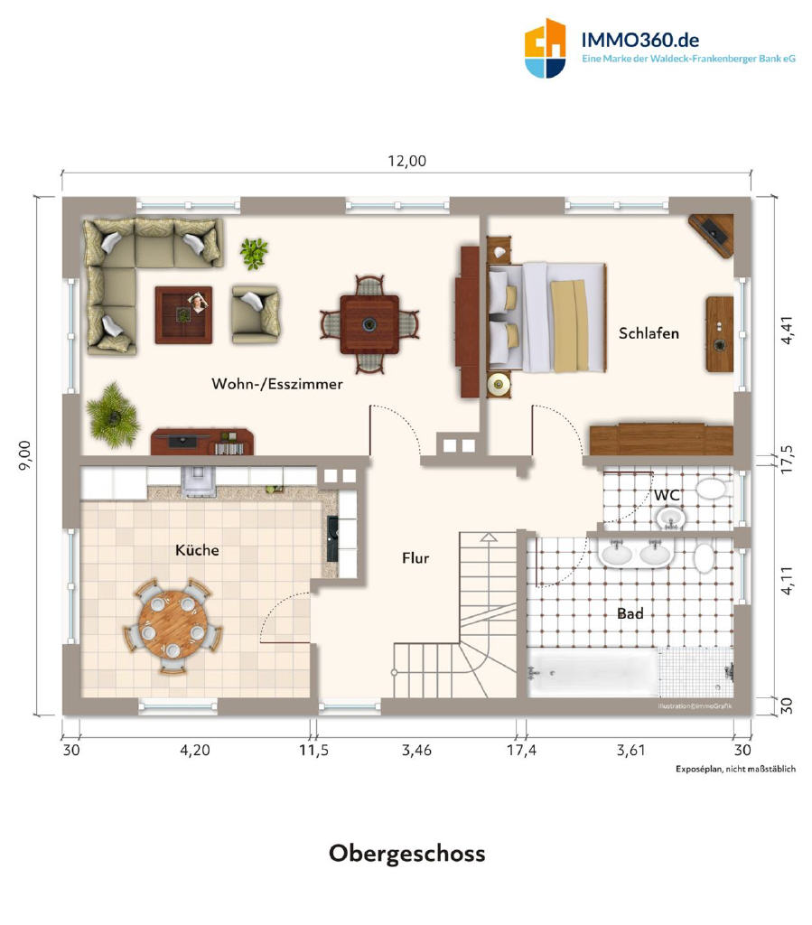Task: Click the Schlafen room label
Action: point(649,333)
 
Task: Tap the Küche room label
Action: point(197,550)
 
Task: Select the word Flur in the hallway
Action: point(415,557)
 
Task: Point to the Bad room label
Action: point(630,613)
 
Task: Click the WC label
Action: point(667,494)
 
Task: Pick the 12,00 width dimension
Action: point(406,161)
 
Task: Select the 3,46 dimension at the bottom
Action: point(416,751)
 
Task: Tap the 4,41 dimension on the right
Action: point(787,331)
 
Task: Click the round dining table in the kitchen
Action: point(173,624)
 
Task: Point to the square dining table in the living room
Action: point(369,324)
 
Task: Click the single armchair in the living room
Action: point(256,313)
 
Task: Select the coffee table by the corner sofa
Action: point(183,315)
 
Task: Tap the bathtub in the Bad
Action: point(593,672)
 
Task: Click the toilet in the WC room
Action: point(714,488)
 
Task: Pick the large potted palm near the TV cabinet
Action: point(112,415)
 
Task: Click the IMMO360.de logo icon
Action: point(545,49)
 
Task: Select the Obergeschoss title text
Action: point(406,853)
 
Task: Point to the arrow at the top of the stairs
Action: point(489,537)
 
